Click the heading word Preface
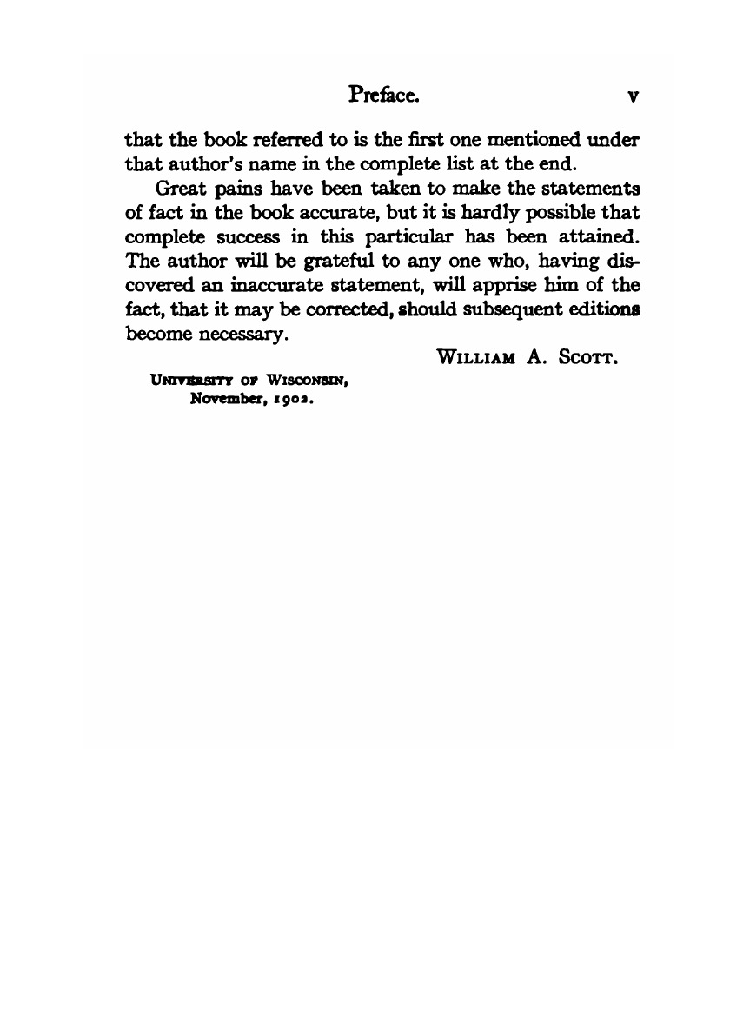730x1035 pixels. (384, 95)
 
